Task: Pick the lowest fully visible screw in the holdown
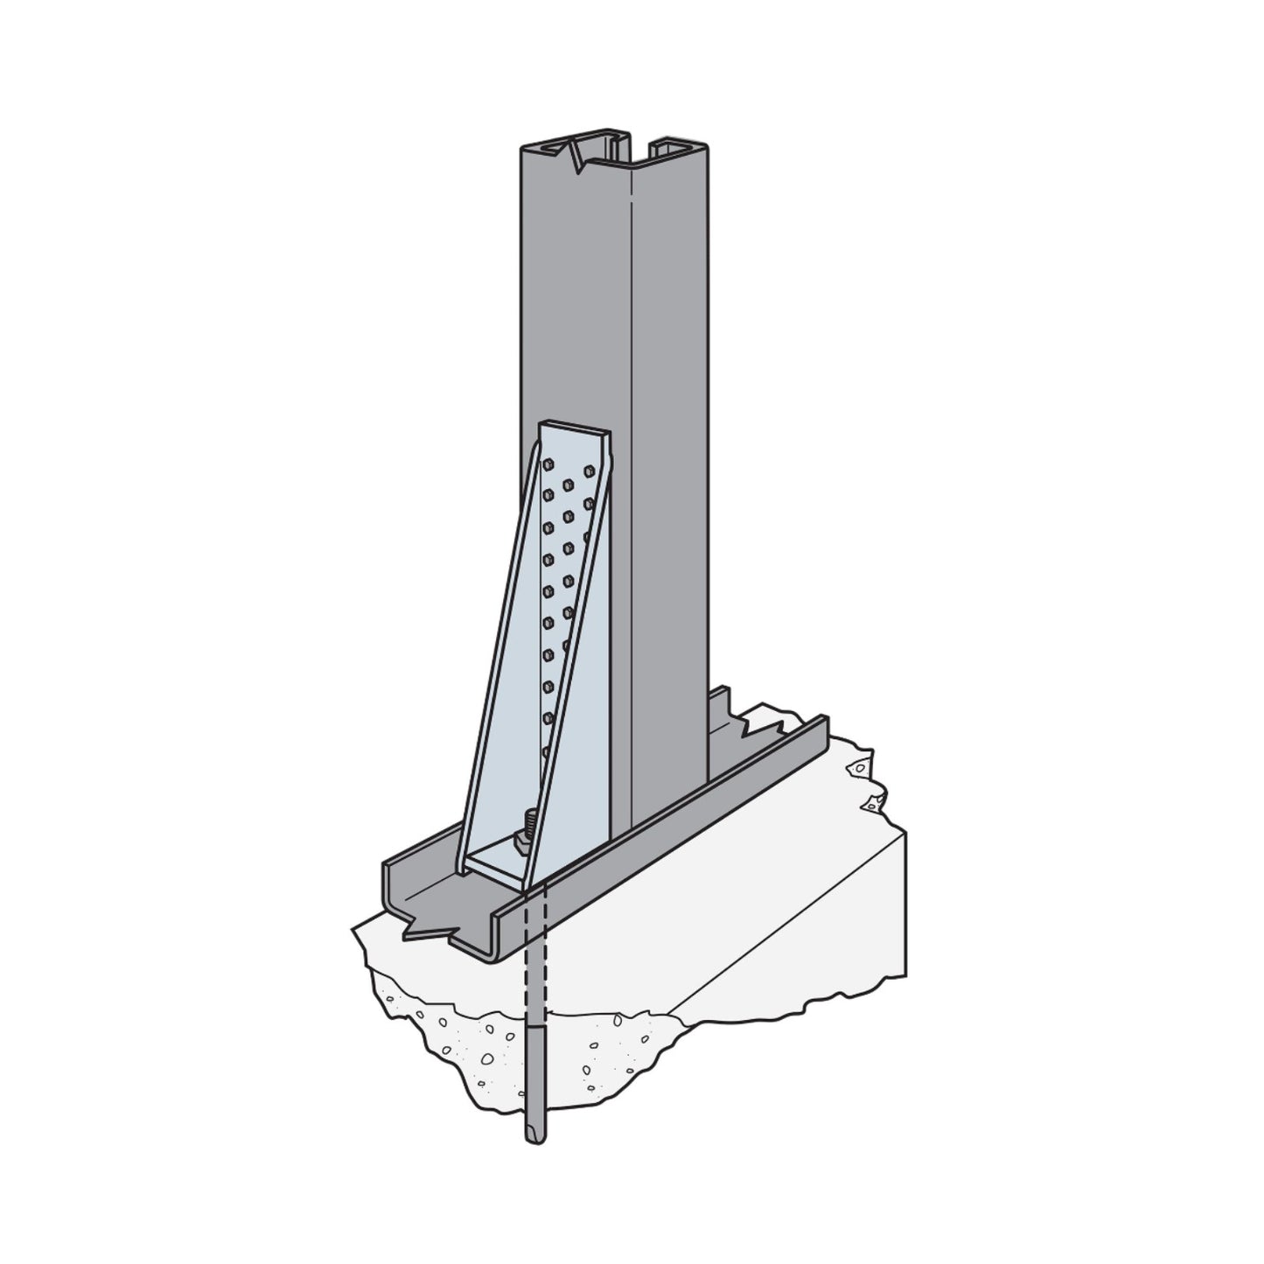click(x=549, y=718)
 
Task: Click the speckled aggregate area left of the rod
click(x=455, y=1050)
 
